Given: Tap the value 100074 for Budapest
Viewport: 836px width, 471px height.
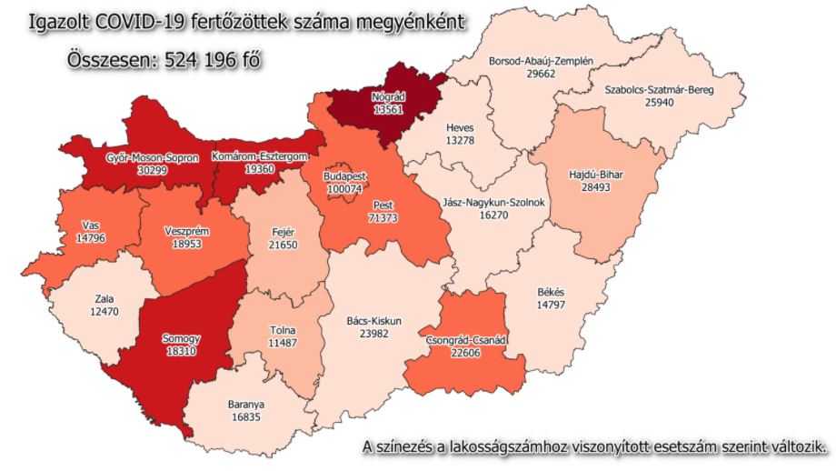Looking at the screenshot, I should (346, 188).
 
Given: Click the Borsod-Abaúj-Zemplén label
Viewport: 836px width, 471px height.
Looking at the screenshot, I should (541, 62).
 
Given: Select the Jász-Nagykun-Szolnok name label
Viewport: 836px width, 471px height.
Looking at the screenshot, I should (493, 204).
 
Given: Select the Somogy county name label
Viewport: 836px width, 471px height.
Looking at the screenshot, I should (181, 338).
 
